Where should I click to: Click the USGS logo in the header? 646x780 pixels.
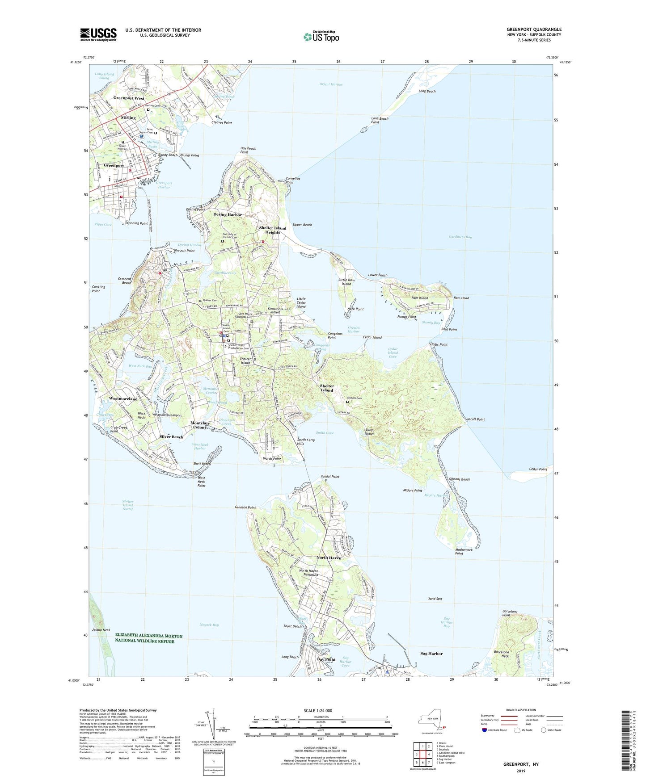pyautogui.click(x=98, y=34)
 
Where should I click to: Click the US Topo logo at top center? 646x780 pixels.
pyautogui.click(x=321, y=37)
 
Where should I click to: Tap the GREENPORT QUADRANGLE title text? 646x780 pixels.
pyautogui.click(x=534, y=29)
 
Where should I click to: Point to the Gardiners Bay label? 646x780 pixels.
pyautogui.click(x=460, y=237)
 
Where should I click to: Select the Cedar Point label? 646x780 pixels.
pyautogui.click(x=537, y=469)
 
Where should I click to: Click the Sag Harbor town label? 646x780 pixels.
pyautogui.click(x=431, y=654)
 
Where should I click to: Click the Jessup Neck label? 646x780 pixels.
pyautogui.click(x=101, y=629)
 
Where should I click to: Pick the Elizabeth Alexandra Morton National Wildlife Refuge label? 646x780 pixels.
pyautogui.click(x=149, y=638)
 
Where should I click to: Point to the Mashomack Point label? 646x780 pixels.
pyautogui.click(x=464, y=552)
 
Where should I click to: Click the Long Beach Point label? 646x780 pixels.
pyautogui.click(x=380, y=120)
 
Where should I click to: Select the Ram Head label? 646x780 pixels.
pyautogui.click(x=461, y=298)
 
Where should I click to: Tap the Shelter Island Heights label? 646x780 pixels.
pyautogui.click(x=273, y=230)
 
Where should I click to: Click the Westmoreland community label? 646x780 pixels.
pyautogui.click(x=123, y=398)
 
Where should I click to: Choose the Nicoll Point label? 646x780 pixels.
pyautogui.click(x=476, y=419)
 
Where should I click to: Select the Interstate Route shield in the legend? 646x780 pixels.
pyautogui.click(x=485, y=730)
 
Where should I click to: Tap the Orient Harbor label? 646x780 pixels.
pyautogui.click(x=331, y=84)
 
